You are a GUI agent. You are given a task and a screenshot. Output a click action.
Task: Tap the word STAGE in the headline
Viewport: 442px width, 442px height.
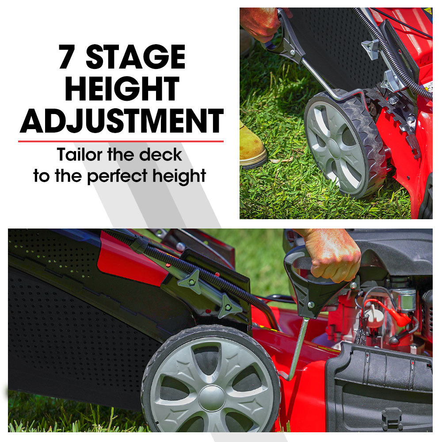point(135,57)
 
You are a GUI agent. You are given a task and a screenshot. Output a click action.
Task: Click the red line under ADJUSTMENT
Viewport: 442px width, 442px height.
point(121,141)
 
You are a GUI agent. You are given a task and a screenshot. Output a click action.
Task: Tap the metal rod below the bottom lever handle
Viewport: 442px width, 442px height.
point(297,349)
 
